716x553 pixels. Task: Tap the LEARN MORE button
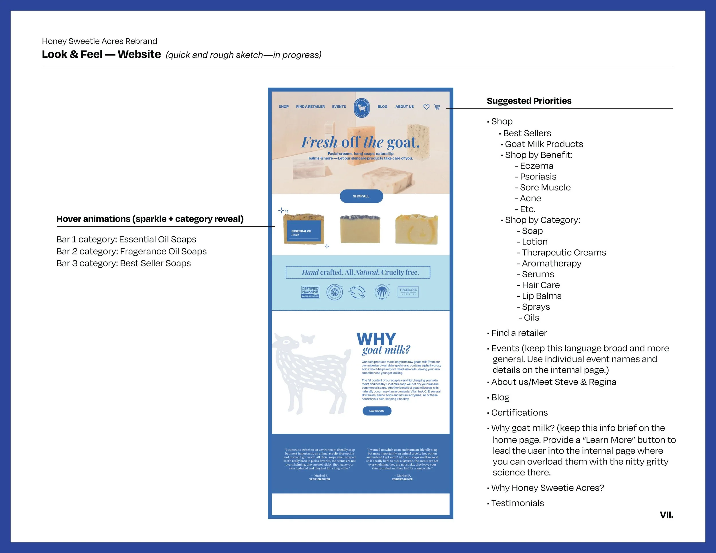pos(377,411)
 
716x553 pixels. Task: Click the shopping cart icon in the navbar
pos(437,107)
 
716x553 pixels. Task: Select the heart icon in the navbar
pos(426,107)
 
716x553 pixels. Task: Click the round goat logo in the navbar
pos(362,107)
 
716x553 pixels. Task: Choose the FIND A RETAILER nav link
pos(310,107)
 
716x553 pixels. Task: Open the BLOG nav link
pos(382,107)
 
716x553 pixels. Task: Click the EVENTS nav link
pos(339,107)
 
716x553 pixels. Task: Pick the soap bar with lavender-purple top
pos(360,229)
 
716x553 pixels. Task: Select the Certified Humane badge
pos(310,292)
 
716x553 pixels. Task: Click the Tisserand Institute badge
pos(408,292)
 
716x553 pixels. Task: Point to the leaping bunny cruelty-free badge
pos(357,292)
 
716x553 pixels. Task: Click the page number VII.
pos(666,515)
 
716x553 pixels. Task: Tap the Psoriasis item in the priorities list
pos(538,177)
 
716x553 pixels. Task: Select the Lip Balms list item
pos(541,296)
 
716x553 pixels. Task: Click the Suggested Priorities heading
pos(529,101)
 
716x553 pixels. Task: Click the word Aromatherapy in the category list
pos(551,263)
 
